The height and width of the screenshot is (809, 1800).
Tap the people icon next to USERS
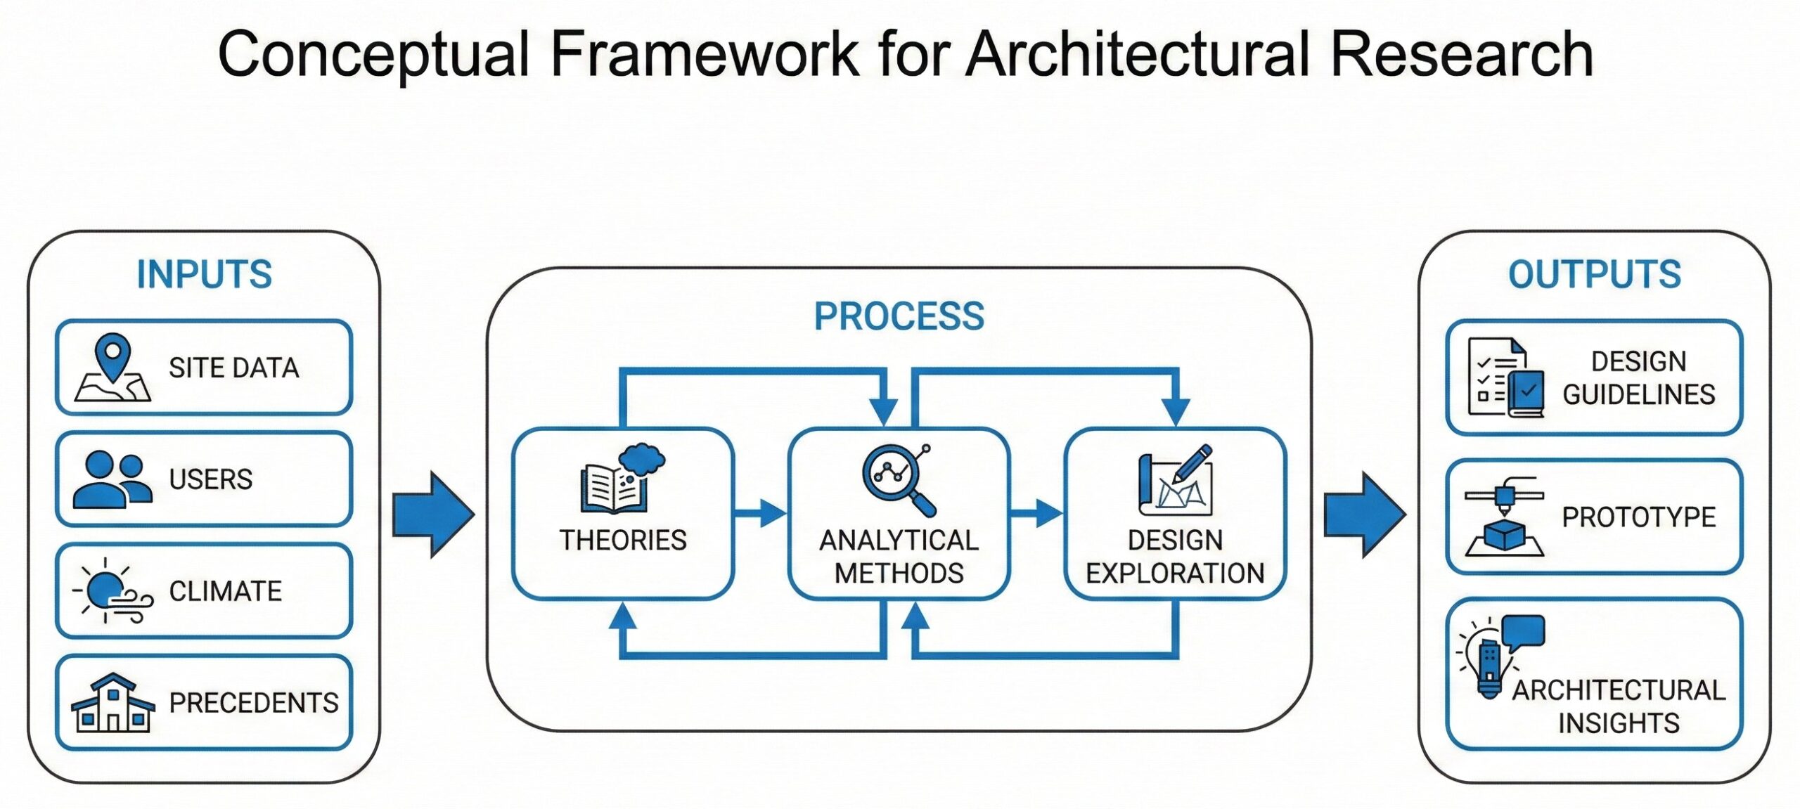tap(112, 479)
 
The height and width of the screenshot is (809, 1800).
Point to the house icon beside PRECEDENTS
tap(112, 703)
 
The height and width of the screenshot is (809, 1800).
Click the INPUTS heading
tap(204, 274)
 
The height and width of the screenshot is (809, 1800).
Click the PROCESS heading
tap(899, 316)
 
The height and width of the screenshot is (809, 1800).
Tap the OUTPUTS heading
tap(1594, 274)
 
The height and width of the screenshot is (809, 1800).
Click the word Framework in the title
tap(704, 54)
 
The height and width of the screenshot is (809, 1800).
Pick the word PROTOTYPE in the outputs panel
tap(1638, 517)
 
